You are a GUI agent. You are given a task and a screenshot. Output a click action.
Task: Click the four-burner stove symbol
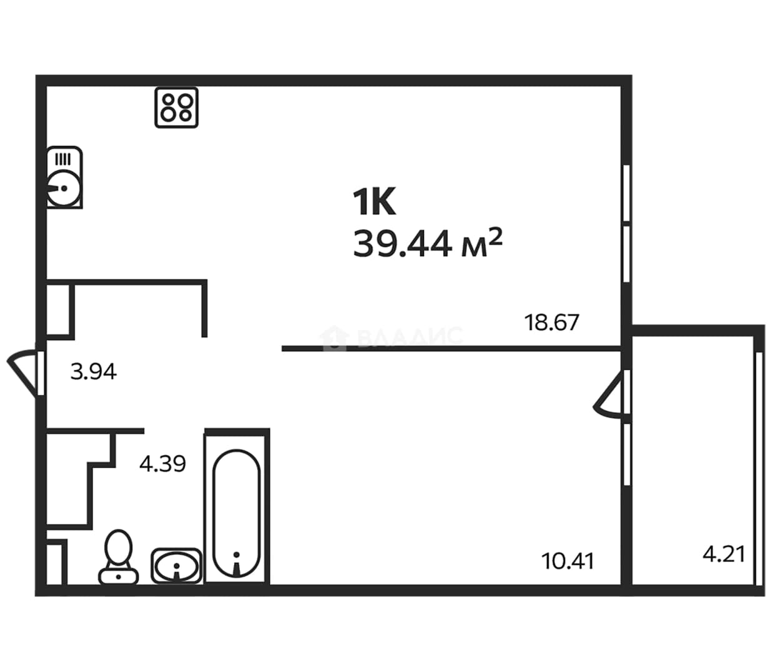click(177, 108)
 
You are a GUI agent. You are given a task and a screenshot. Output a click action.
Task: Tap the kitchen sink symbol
click(64, 178)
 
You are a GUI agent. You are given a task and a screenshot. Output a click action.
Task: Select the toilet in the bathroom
click(119, 557)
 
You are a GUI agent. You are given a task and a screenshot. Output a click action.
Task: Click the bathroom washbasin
click(177, 566)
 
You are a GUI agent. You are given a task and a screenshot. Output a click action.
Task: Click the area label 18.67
click(551, 323)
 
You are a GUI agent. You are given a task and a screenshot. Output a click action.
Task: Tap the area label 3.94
click(94, 371)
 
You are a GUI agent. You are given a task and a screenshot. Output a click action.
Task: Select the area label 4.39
click(162, 464)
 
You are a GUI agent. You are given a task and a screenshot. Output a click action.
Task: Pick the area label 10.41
click(568, 561)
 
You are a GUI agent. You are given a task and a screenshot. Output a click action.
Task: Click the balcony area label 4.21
click(724, 554)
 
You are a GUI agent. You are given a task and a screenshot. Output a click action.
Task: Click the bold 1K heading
click(374, 201)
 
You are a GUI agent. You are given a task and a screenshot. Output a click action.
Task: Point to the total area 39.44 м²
click(428, 243)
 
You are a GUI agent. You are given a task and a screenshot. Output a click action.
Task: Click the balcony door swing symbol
click(608, 395)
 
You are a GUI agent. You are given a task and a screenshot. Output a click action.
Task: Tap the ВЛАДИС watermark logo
click(391, 337)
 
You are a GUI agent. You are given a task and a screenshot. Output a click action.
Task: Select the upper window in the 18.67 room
click(626, 193)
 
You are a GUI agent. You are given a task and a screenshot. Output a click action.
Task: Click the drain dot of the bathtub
click(237, 554)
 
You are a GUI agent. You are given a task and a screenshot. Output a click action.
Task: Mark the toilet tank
click(119, 576)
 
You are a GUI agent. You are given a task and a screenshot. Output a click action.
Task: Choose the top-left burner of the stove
click(168, 101)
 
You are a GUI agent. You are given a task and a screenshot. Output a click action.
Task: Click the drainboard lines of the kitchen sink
click(63, 159)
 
